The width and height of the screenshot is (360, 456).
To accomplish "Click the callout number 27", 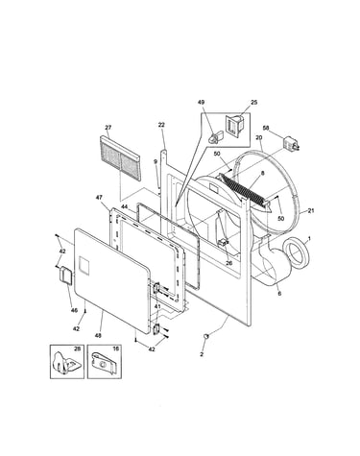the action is point(108,128).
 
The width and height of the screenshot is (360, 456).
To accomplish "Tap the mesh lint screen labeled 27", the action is point(120,157).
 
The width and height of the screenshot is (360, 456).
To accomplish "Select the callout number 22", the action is point(162,125).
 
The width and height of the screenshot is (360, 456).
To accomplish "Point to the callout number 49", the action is point(202,103).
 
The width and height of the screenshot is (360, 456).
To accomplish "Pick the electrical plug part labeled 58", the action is point(291,143).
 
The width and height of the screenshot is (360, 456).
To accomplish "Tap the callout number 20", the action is point(259,137).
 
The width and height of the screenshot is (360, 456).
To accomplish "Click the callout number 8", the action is point(263,173).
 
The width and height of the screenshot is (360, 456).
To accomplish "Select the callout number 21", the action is point(311,210).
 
